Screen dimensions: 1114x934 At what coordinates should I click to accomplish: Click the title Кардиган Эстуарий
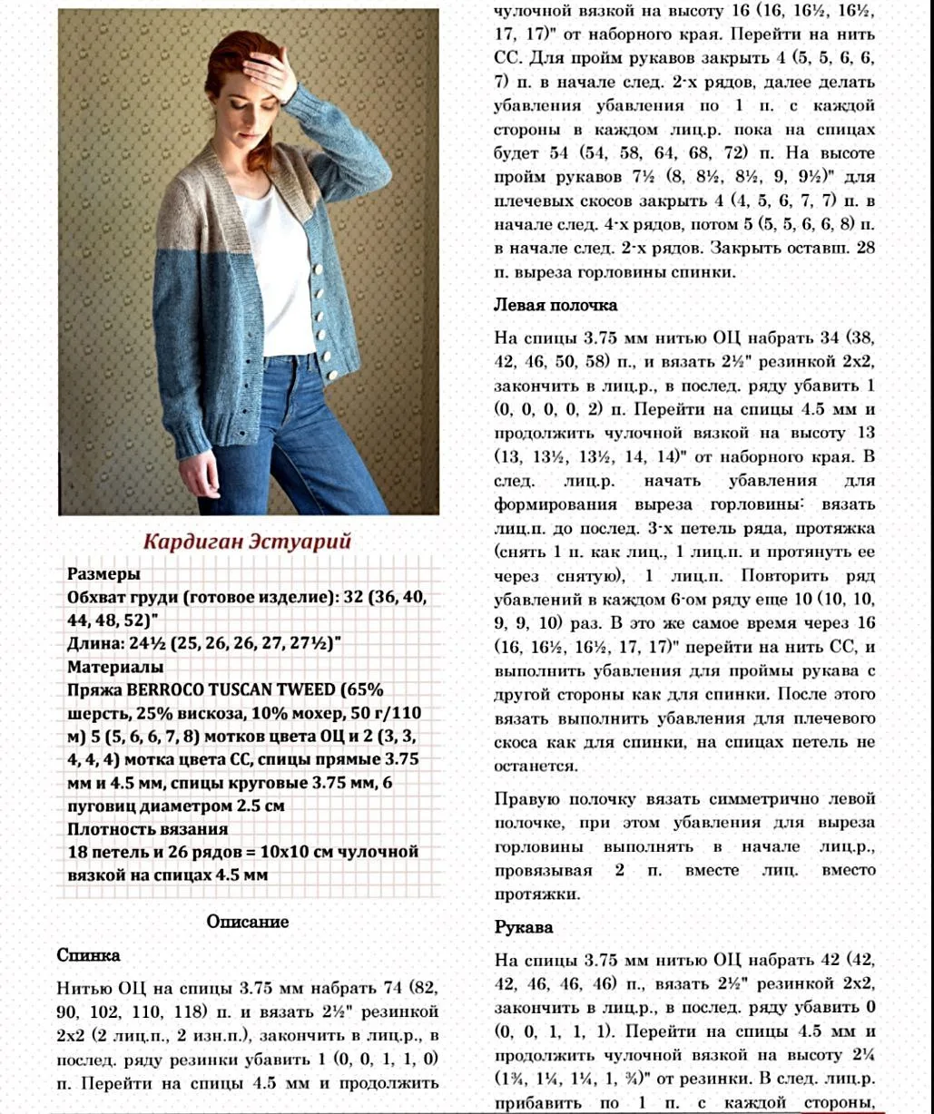click(247, 542)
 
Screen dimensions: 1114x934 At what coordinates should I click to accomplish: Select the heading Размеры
click(104, 574)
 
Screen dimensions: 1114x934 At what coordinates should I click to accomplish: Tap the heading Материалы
click(115, 667)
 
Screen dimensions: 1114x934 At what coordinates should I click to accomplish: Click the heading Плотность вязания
click(147, 828)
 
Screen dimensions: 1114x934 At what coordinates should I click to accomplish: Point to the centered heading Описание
click(247, 922)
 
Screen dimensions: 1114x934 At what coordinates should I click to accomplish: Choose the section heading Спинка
click(88, 955)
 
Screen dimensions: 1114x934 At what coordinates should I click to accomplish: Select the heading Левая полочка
click(555, 305)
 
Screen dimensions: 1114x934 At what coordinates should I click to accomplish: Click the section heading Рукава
click(524, 927)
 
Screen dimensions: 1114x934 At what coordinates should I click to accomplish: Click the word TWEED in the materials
click(291, 689)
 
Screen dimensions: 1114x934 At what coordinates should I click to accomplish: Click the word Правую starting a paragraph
click(526, 799)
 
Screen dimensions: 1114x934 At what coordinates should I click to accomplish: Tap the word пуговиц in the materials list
click(99, 806)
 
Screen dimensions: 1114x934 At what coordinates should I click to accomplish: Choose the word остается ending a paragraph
click(536, 766)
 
